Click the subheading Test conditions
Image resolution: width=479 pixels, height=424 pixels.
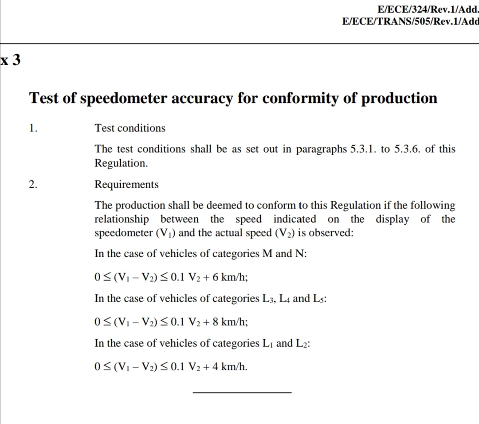tap(130, 128)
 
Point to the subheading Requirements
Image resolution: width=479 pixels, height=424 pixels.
tap(126, 184)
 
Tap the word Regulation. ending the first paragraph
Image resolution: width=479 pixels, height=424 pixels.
tap(121, 163)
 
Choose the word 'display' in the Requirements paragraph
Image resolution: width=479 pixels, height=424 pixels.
tap(393, 219)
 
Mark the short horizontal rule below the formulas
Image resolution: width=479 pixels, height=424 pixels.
tap(242, 393)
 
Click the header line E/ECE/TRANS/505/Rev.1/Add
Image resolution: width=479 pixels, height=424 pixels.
tap(411, 21)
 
